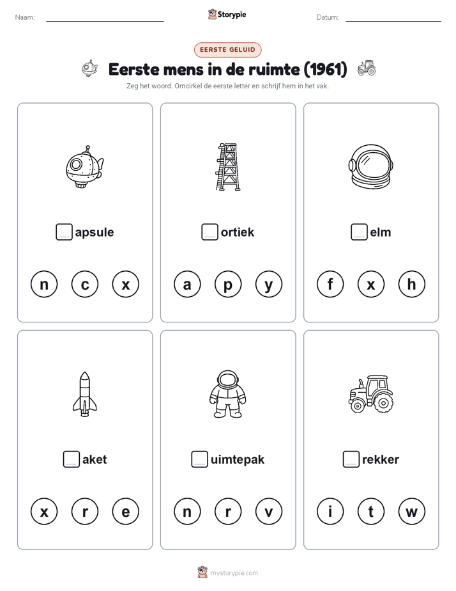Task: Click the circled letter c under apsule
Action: pos(85,284)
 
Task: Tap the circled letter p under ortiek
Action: pos(227,284)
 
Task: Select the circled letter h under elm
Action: pos(411,284)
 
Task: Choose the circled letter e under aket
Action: pos(126,512)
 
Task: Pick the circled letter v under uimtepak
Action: pos(269,512)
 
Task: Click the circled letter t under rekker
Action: pos(371,512)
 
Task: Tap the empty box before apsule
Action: pos(64,232)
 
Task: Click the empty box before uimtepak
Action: pos(199,459)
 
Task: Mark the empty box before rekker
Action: pos(351,459)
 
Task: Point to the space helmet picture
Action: pos(371,166)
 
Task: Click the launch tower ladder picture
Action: pos(228,166)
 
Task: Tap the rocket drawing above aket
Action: pos(85,394)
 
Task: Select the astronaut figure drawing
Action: pos(227,394)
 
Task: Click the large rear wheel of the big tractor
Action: pos(383,402)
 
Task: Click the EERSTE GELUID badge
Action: pos(227,50)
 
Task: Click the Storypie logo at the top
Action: pos(227,14)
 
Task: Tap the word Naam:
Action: pos(25,17)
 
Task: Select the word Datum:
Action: pos(328,17)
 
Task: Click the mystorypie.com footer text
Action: pos(234,573)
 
